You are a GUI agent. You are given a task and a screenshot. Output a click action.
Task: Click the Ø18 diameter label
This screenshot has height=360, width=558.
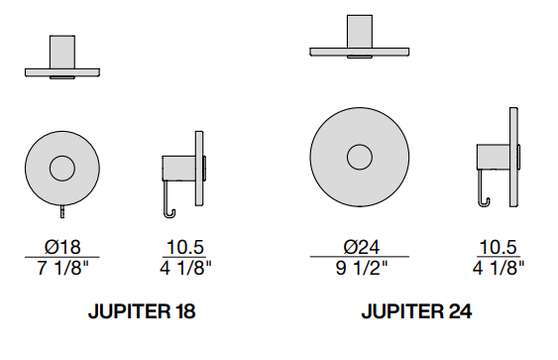[x=62, y=247]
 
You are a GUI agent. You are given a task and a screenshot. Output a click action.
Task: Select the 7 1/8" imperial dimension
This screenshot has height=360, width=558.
[x=62, y=268]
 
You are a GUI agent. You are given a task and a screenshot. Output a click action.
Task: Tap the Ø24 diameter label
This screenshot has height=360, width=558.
[x=362, y=247]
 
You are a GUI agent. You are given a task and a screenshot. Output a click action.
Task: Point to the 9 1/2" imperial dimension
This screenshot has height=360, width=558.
[x=361, y=268]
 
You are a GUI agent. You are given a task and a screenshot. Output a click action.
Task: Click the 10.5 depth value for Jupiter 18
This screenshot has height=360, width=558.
[x=185, y=247]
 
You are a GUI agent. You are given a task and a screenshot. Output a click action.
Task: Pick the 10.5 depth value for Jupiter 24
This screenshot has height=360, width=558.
[x=499, y=247]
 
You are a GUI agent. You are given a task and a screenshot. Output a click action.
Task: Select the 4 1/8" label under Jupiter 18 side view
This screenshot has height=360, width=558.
[x=185, y=268]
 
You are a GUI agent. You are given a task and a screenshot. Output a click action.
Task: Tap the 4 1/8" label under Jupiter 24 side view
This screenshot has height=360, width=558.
[x=499, y=268]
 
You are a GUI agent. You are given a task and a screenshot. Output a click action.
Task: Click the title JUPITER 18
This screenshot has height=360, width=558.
[x=142, y=311]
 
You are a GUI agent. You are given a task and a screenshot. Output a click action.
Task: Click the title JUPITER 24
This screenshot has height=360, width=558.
[x=416, y=311]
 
